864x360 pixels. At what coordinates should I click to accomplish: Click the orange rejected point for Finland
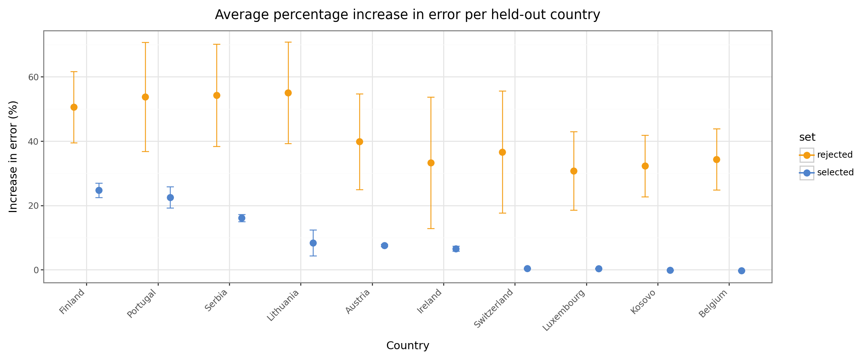pyautogui.click(x=74, y=107)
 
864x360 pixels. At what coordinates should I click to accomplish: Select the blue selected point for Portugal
pyautogui.click(x=170, y=198)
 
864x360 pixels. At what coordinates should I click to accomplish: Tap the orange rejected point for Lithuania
pyautogui.click(x=288, y=93)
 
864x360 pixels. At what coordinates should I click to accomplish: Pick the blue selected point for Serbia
pyautogui.click(x=242, y=218)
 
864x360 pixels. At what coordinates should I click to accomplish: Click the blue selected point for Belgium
pyautogui.click(x=742, y=271)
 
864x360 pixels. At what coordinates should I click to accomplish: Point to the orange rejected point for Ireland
pyautogui.click(x=431, y=163)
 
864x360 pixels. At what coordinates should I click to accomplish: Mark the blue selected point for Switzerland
pyautogui.click(x=527, y=269)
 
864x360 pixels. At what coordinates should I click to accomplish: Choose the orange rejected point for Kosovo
pyautogui.click(x=645, y=166)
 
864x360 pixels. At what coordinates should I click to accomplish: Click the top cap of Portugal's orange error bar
pyautogui.click(x=145, y=42)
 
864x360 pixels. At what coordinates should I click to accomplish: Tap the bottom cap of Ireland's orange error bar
pyautogui.click(x=431, y=229)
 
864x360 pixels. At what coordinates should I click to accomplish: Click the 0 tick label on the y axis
pyautogui.click(x=36, y=270)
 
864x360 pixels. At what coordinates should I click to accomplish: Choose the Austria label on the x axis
pyautogui.click(x=358, y=301)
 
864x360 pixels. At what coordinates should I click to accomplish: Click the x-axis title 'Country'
pyautogui.click(x=408, y=346)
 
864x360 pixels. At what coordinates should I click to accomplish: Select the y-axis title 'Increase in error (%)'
pyautogui.click(x=13, y=157)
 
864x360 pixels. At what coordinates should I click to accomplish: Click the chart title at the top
pyautogui.click(x=408, y=15)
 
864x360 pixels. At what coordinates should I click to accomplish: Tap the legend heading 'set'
pyautogui.click(x=807, y=137)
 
